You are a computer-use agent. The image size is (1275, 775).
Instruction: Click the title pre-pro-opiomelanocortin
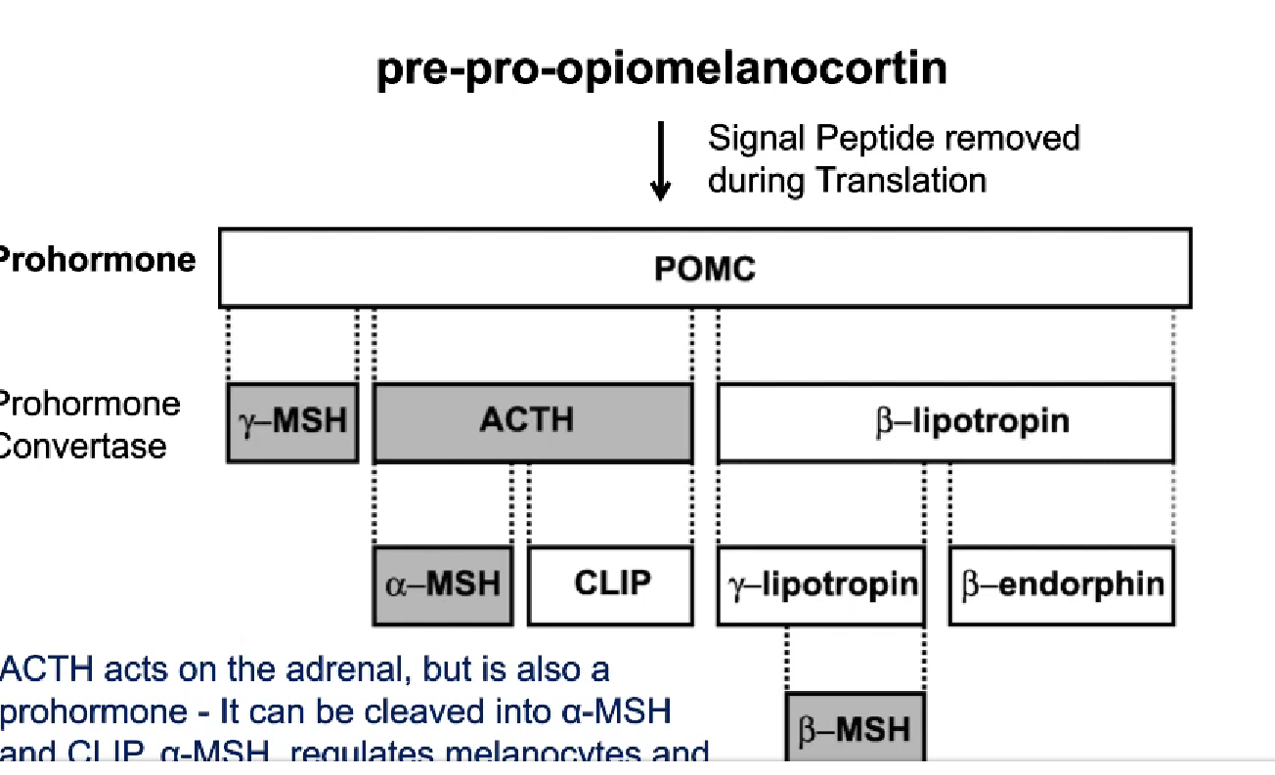tap(661, 69)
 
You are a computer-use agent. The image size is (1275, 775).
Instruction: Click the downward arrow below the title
tap(661, 161)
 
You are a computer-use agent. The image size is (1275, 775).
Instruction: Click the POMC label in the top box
tap(704, 270)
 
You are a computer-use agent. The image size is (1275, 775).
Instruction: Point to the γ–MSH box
tap(292, 422)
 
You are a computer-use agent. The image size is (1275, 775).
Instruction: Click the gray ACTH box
tap(532, 421)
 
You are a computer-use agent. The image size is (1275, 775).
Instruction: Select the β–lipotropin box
tap(945, 422)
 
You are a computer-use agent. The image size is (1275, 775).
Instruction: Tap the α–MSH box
tap(443, 584)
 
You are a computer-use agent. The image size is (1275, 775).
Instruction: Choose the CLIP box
tap(610, 584)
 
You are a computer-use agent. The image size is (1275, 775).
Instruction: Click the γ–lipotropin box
tap(820, 584)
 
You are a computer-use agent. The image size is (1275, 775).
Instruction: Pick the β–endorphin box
tap(1062, 584)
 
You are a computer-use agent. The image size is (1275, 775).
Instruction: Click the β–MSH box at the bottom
tap(855, 729)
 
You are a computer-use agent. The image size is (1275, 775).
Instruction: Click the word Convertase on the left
tap(83, 447)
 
